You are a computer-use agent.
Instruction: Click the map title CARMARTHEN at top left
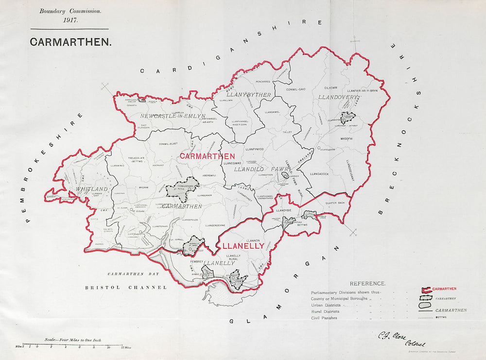pos(70,42)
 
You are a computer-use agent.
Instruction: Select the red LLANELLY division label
pos(243,246)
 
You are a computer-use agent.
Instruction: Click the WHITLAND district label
pos(91,189)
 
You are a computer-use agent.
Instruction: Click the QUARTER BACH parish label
pos(335,203)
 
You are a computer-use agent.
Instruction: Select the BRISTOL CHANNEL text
pos(126,288)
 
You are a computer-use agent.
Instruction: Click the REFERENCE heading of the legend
pos(367,283)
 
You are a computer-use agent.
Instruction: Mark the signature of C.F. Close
pos(396,336)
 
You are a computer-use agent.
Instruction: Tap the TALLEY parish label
pos(286,132)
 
